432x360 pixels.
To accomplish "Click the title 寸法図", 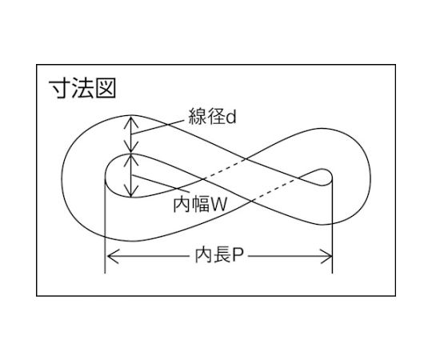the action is [x=82, y=88].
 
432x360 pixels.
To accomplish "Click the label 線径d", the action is [x=213, y=116].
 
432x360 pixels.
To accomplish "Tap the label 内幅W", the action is [x=200, y=204].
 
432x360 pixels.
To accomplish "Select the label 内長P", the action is [x=219, y=256].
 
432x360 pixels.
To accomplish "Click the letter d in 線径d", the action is [x=231, y=117].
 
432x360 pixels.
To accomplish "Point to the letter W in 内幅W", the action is [x=218, y=204].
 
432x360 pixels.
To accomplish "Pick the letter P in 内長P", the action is [x=238, y=256].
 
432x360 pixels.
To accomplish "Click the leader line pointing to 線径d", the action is [x=158, y=127].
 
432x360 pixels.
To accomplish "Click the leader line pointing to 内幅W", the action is [x=161, y=183].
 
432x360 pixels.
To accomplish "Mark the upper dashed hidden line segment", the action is [x=225, y=170].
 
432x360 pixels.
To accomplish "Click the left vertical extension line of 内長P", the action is [x=105, y=226].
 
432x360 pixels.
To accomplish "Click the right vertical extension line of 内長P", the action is [x=332, y=226].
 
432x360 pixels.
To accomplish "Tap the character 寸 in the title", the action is [x=59, y=88].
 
